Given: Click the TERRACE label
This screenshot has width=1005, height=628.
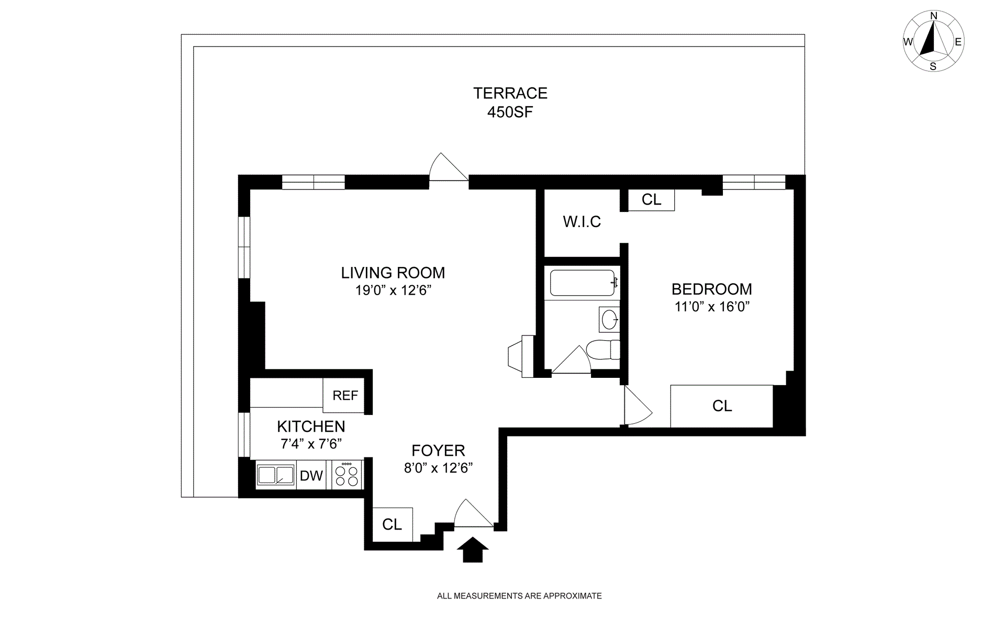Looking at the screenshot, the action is click(510, 93).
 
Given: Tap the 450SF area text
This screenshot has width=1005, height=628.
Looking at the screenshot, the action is click(510, 112).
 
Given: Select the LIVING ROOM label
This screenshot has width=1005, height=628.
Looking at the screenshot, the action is click(393, 273).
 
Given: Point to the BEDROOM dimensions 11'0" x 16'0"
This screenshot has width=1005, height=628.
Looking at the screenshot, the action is click(712, 307).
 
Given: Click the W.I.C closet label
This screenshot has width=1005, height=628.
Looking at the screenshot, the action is click(582, 222).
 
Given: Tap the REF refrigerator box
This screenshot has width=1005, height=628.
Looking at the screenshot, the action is click(345, 395).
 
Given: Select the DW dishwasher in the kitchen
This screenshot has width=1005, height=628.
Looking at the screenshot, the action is click(311, 475).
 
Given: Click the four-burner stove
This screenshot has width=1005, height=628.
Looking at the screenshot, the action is click(347, 475).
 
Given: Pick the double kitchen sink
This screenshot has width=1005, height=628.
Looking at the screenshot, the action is click(276, 475).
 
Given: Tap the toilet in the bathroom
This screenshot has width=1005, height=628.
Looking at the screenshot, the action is click(603, 349).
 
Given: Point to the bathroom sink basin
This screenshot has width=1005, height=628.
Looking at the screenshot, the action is click(609, 319).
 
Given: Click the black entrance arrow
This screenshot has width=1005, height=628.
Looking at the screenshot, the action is click(473, 549).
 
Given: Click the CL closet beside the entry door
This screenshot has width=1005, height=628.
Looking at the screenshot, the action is click(392, 524).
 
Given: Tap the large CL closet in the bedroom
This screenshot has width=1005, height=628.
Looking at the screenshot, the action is click(722, 406).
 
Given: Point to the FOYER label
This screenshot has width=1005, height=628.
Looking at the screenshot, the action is click(438, 451).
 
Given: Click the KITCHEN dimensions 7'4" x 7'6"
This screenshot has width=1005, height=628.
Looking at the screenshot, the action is click(311, 444).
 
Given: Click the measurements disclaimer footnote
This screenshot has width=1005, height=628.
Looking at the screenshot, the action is click(519, 596).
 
